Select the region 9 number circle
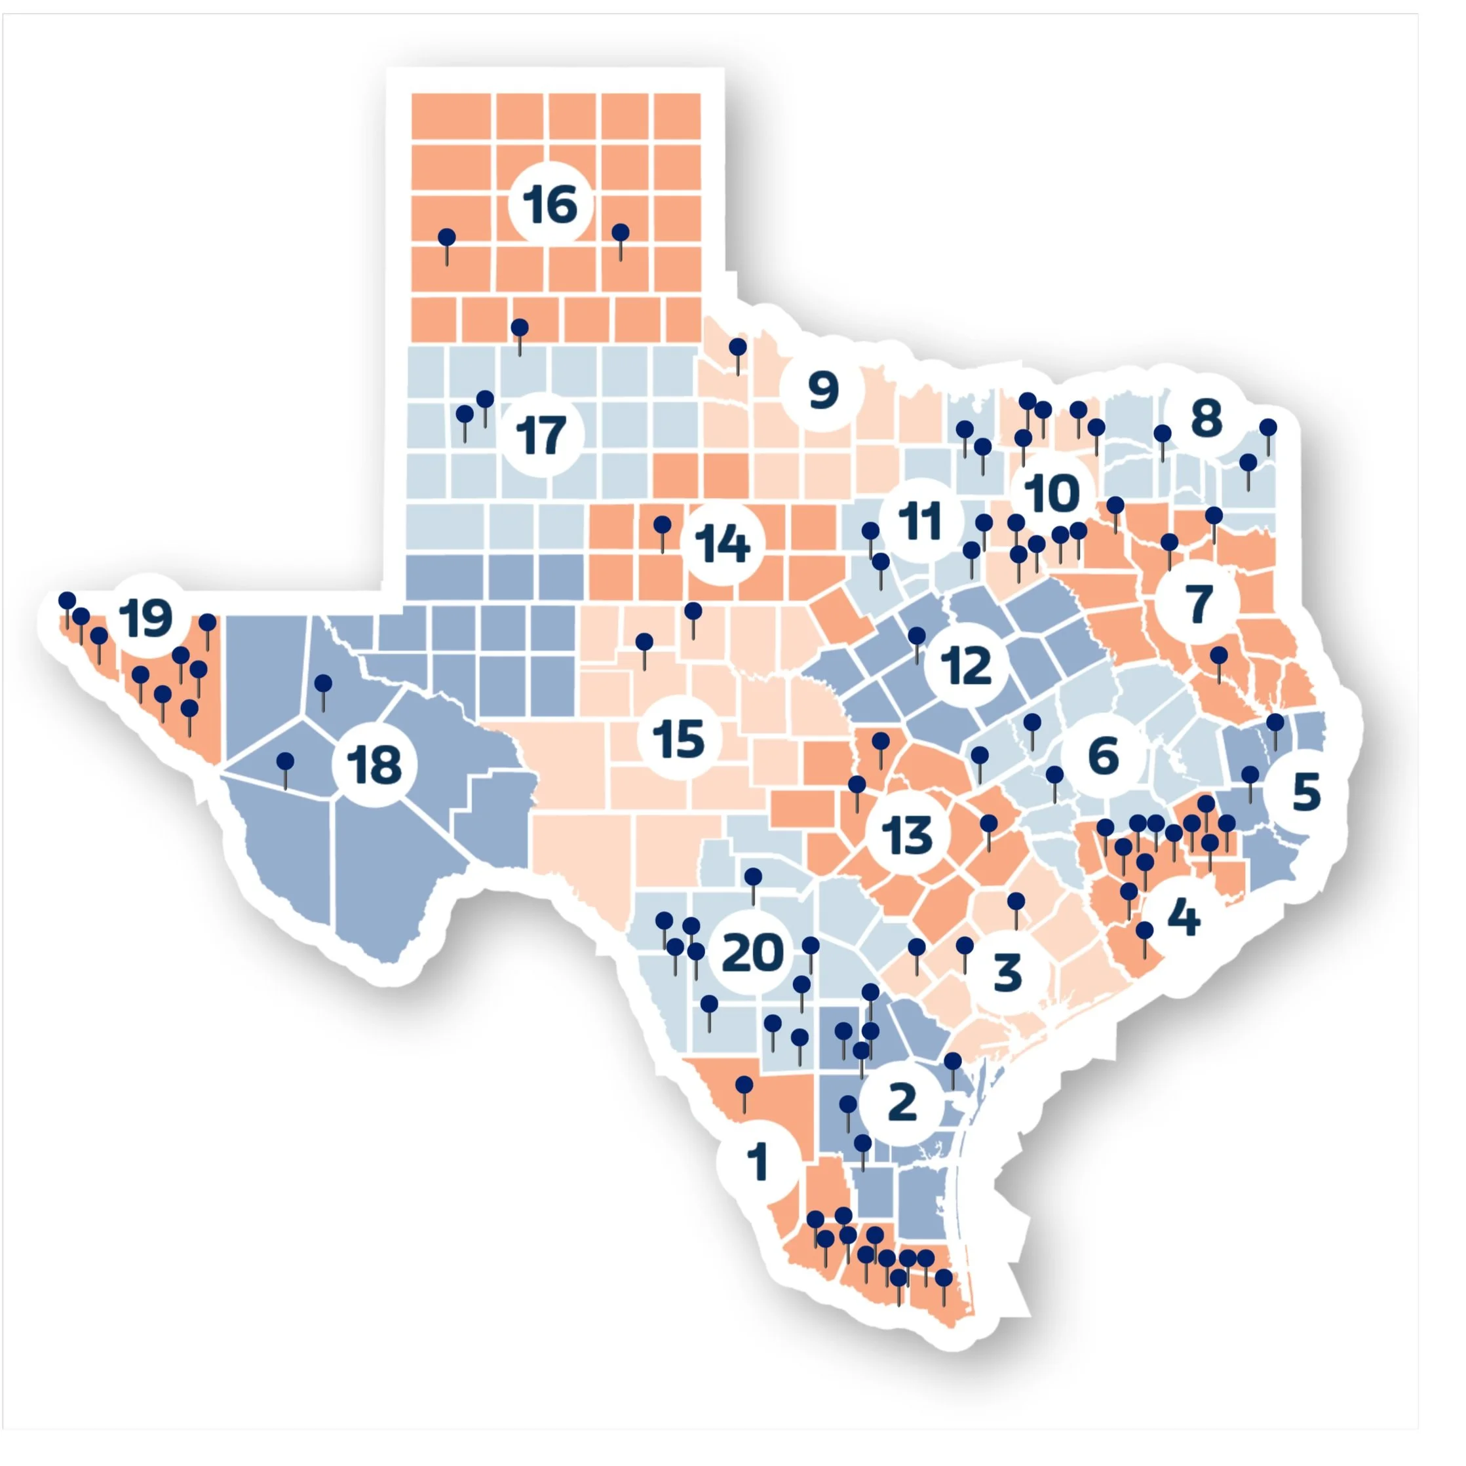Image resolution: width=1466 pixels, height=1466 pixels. point(823,391)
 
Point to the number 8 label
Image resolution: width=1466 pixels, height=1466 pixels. point(1206,417)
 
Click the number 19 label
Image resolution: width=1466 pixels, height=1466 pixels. point(146,619)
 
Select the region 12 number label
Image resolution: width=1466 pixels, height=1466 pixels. point(966,665)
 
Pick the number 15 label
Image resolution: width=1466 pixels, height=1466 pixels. point(678,737)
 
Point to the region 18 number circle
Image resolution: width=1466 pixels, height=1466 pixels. point(374,764)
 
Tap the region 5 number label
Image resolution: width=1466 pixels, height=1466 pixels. point(1306,792)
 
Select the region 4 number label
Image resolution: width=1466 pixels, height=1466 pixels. point(1183,918)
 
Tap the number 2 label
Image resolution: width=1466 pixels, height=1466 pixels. point(902,1102)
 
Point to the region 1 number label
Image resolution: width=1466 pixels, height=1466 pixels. point(758,1162)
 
